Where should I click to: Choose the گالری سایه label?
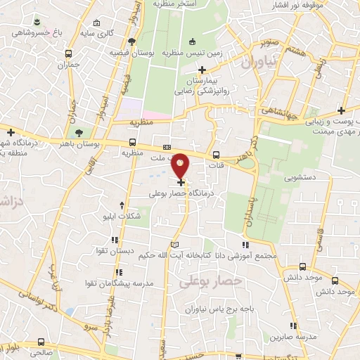(x=96, y=34)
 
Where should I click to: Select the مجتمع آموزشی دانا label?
(x=256, y=255)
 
